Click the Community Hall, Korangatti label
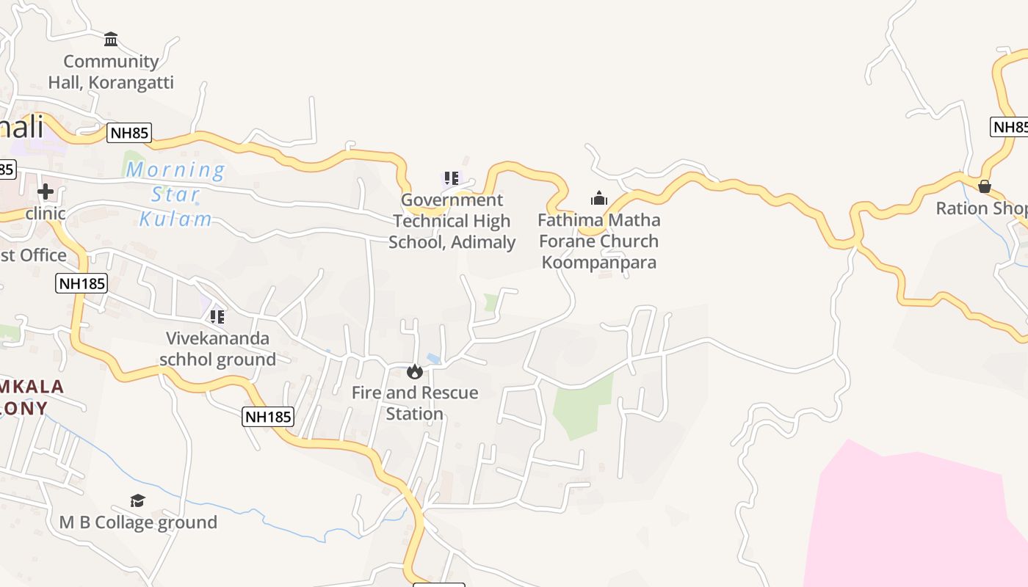[x=111, y=72]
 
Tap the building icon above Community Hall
[x=111, y=39]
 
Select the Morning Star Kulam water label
[x=175, y=194]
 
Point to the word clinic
[x=46, y=214]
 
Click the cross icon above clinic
[x=46, y=192]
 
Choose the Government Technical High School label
[x=452, y=221]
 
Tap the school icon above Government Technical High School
[x=451, y=178]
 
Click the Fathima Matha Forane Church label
[x=599, y=241]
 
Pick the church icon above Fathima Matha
[x=599, y=198]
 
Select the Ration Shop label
[x=981, y=208]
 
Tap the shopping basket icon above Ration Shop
[x=985, y=186]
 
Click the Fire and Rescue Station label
[x=415, y=403]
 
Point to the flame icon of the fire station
[x=415, y=372]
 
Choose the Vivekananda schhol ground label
[x=218, y=349]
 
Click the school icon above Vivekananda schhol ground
[x=217, y=317]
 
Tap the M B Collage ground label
[x=138, y=522]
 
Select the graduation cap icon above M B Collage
[x=137, y=500]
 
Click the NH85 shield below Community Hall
[x=129, y=133]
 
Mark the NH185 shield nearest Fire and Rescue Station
[x=268, y=417]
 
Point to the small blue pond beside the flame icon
[x=434, y=359]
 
